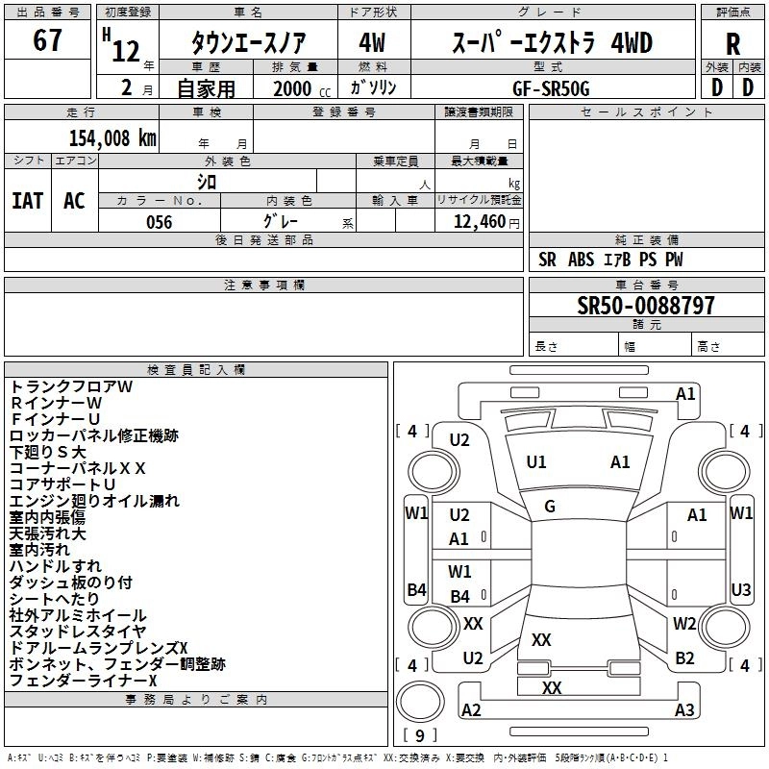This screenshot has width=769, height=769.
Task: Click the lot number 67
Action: pos(47,41)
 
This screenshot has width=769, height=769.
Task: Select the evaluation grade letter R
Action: pos(732,44)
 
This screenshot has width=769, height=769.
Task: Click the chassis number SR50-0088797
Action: pos(646,306)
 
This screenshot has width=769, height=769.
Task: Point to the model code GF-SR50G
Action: pos(553,87)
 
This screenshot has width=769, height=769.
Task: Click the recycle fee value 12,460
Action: pos(478,222)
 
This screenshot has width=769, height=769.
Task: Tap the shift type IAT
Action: pos(28,200)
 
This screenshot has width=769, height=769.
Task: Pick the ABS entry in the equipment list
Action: pos(582,260)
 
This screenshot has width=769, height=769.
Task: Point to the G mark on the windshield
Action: pos(550,507)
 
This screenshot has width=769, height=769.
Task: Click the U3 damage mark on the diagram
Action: pos(741,589)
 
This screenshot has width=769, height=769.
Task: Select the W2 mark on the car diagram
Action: pos(684,623)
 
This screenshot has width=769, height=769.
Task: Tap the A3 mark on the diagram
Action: pos(684,710)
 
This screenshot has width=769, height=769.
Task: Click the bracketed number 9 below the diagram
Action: pos(419,736)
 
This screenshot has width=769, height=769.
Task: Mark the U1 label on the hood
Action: pos(536,462)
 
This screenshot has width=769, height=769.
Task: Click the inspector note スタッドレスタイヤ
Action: pos(78,632)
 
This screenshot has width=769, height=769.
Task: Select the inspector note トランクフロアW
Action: pos(71,386)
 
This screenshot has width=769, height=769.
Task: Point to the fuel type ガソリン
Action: pos(373,87)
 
